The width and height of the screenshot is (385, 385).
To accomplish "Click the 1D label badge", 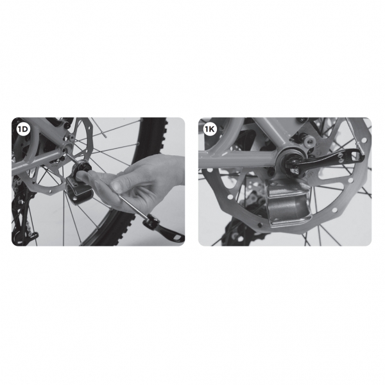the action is (23, 129).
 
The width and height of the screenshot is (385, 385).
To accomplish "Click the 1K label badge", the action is (210, 129).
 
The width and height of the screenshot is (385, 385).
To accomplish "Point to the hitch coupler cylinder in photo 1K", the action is (287, 206).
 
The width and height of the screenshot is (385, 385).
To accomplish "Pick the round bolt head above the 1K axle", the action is (309, 141).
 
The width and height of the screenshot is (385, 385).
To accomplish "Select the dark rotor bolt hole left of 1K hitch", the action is (260, 225).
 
